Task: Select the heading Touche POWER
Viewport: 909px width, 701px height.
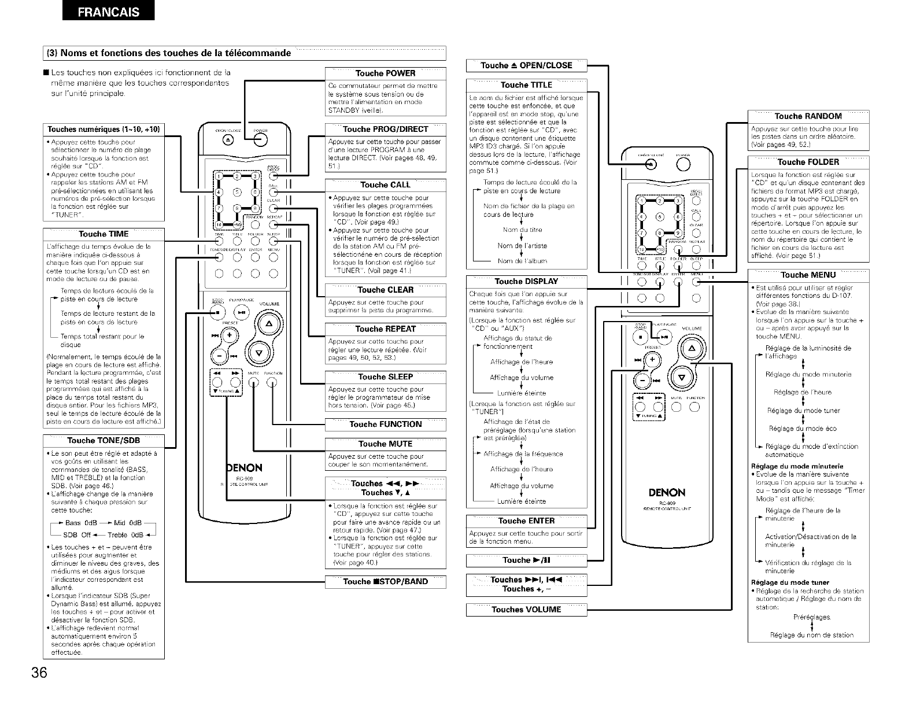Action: (x=385, y=73)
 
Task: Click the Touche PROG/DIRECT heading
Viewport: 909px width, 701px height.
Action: (x=385, y=130)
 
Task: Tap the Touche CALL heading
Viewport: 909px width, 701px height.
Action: (x=385, y=185)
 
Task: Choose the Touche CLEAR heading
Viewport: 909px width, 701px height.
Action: (x=385, y=290)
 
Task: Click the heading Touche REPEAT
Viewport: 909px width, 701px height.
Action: (x=385, y=329)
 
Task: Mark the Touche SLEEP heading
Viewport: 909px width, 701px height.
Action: (x=385, y=377)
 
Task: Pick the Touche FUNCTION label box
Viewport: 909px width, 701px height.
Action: (x=385, y=425)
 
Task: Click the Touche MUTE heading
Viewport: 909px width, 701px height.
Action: (x=385, y=444)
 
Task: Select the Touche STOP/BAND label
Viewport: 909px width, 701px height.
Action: (x=385, y=582)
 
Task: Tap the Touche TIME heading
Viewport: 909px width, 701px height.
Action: (x=104, y=234)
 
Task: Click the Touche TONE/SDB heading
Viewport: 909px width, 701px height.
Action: (x=104, y=441)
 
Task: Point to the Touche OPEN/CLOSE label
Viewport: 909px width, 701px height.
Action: (x=526, y=66)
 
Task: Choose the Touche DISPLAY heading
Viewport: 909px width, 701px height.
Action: (x=526, y=282)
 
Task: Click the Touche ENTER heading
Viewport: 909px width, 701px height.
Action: (x=526, y=521)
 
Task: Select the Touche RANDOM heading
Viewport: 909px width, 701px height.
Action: (x=808, y=116)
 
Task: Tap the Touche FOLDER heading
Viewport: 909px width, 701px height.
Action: (x=808, y=162)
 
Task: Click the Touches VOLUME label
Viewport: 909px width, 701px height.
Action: (x=526, y=610)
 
